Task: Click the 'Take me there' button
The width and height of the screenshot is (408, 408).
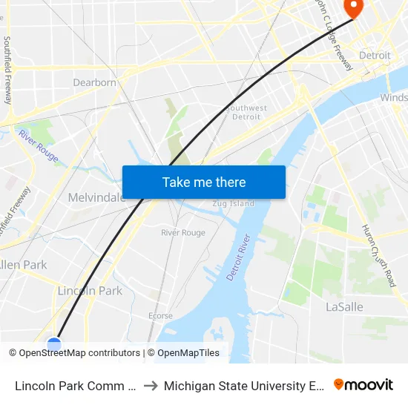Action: pyautogui.click(x=204, y=182)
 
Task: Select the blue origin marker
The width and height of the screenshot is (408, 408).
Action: pyautogui.click(x=54, y=344)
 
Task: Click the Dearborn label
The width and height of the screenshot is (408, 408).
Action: pyautogui.click(x=94, y=82)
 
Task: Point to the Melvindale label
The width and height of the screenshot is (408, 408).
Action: pyautogui.click(x=96, y=197)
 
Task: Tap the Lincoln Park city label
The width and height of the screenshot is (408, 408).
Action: pyautogui.click(x=90, y=291)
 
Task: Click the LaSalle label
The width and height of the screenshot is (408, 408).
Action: pyautogui.click(x=343, y=306)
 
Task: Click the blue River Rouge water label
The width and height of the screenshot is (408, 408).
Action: pyautogui.click(x=39, y=145)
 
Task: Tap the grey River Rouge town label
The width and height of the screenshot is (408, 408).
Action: pyautogui.click(x=183, y=233)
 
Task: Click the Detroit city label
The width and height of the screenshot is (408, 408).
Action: pyautogui.click(x=375, y=56)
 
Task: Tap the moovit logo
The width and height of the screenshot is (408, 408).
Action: pyautogui.click(x=363, y=385)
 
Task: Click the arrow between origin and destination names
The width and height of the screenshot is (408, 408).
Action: pyautogui.click(x=150, y=386)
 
